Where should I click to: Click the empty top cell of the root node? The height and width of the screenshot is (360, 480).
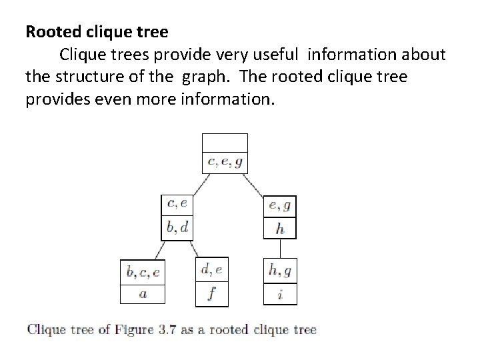225,143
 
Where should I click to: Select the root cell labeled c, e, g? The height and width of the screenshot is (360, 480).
225,162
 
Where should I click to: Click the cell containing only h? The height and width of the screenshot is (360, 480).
280,229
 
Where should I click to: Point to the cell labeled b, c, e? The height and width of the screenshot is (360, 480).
143,272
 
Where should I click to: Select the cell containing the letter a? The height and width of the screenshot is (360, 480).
143,293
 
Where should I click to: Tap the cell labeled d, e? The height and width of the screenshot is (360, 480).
211,270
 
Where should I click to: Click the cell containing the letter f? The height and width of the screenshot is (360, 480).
211,293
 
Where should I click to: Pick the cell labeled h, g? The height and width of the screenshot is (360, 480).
280,271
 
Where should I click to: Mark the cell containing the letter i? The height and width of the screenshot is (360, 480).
280,293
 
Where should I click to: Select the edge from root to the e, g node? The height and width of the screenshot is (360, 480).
256,185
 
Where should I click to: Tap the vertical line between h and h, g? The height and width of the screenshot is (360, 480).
280,248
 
